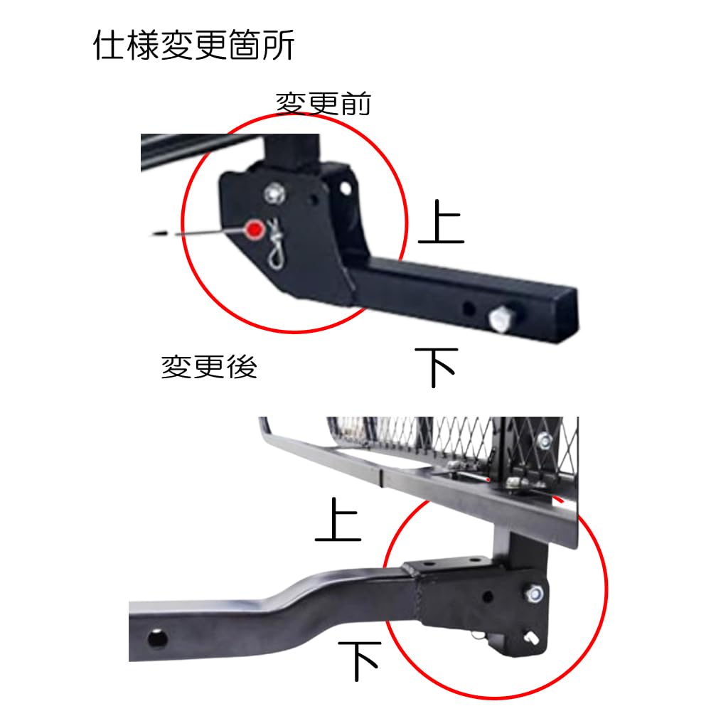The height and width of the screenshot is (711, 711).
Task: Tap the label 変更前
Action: (x=324, y=104)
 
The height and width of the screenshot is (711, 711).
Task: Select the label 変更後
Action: (x=208, y=367)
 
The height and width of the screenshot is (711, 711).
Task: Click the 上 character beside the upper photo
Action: (x=441, y=222)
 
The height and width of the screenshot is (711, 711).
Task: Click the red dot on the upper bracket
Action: (x=254, y=229)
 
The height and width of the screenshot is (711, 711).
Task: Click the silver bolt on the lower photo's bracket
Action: (x=535, y=592)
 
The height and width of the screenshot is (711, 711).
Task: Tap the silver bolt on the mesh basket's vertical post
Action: (x=544, y=440)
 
